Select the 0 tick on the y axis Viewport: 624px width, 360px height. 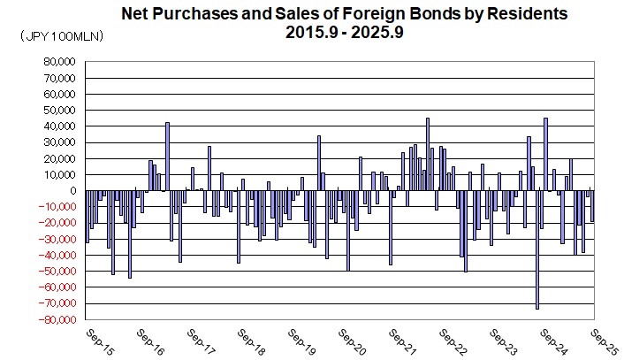click(74, 191)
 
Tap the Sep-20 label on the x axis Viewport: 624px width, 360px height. click(352, 343)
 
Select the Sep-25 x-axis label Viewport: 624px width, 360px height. click(604, 343)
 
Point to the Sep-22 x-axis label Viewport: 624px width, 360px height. click(453, 343)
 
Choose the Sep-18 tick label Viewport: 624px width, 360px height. click(250, 343)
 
